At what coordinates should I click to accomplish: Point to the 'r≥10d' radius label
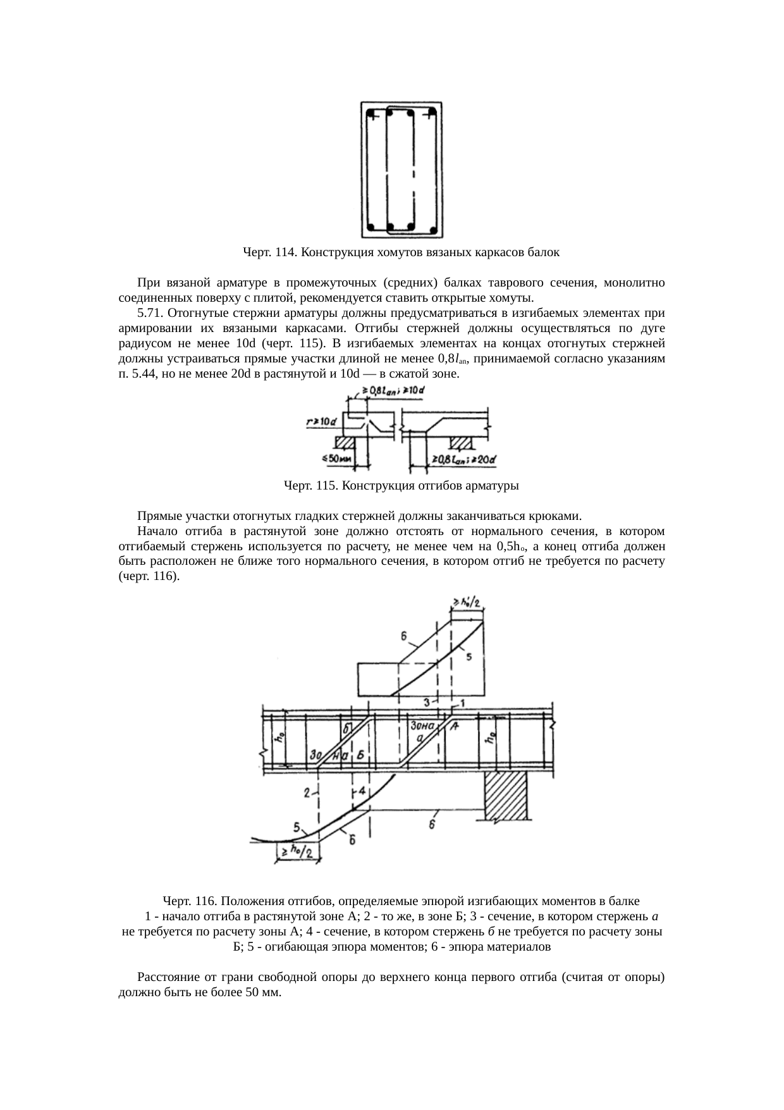[320, 421]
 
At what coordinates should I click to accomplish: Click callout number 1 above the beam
[463, 703]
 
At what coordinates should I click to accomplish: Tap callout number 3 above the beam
[427, 703]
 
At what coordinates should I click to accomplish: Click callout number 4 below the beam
[362, 791]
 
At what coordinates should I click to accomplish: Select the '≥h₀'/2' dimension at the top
[467, 602]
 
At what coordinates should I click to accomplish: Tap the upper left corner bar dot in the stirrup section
[370, 114]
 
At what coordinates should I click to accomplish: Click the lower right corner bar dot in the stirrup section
[432, 226]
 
